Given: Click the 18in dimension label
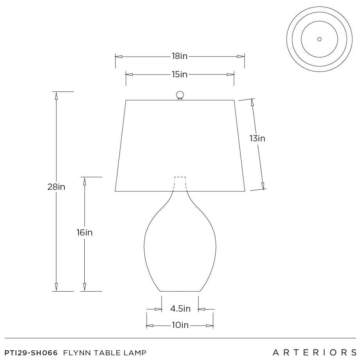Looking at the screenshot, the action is [x=180, y=56].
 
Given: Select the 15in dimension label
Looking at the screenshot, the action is [x=180, y=75].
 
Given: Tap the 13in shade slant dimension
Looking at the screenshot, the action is [x=257, y=139].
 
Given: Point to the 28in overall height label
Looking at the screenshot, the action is [x=56, y=187].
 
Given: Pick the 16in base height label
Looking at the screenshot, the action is [x=84, y=233].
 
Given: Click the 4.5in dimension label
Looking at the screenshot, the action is [x=180, y=308].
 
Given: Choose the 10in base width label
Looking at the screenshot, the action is [x=180, y=325].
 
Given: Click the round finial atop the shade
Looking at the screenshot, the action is [x=180, y=95].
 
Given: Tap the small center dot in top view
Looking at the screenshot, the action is [x=319, y=39].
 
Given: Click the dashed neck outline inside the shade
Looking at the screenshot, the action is [x=180, y=177].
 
